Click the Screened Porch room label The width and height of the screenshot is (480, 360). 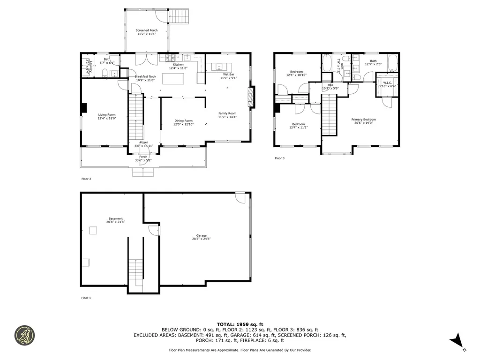146,30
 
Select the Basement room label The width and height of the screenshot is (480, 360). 116,218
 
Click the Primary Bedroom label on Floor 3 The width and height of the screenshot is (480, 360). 364,120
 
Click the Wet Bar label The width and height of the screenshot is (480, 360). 228,75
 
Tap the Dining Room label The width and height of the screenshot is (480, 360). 183,121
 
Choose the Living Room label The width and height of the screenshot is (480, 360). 106,115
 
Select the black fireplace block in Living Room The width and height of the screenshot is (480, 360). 84,108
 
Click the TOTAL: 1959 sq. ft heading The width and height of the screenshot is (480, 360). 240,324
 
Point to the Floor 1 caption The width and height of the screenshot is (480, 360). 86,298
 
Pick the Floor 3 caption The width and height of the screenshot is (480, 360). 279,158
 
